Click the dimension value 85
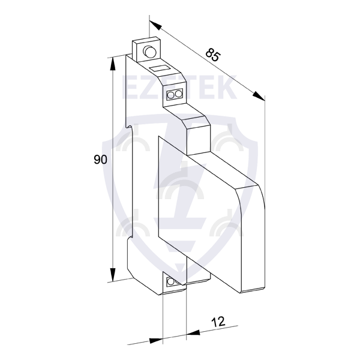tap(213, 55)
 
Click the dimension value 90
tap(100, 160)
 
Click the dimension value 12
tap(218, 322)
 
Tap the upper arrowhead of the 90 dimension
tap(113, 64)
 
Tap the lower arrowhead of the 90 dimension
tap(113, 275)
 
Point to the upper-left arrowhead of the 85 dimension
tap(155, 25)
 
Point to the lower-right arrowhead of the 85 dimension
tap(259, 96)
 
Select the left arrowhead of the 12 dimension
tap(156, 340)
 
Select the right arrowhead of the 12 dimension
tap(193, 332)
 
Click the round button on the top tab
tap(149, 51)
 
